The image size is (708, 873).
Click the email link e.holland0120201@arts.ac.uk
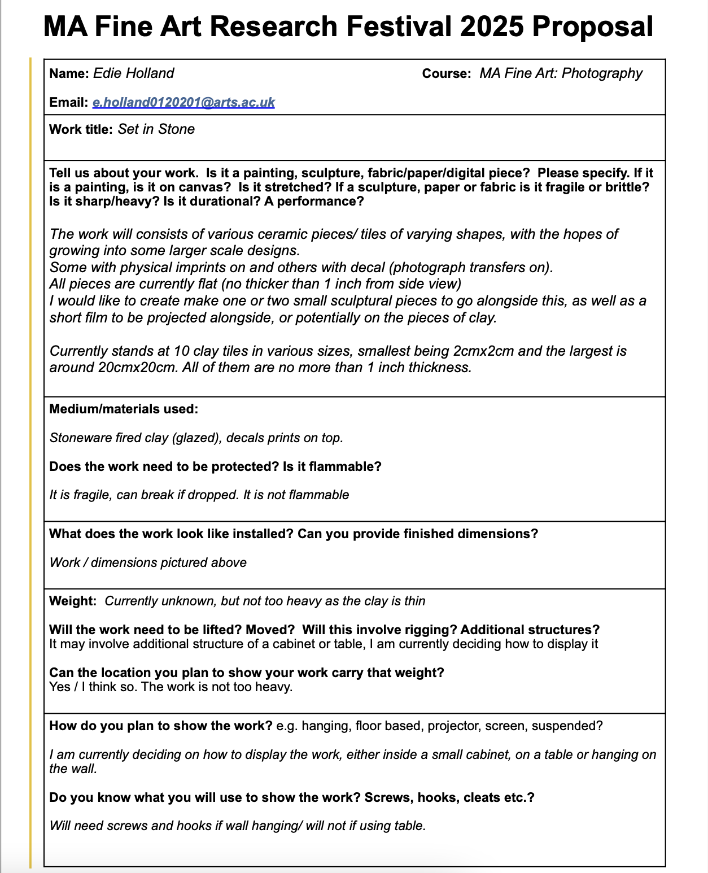tap(183, 102)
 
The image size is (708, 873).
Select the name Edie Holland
tap(133, 73)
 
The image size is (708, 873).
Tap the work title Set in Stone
tap(156, 129)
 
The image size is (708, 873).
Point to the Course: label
tap(446, 73)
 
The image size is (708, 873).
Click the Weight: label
tap(73, 601)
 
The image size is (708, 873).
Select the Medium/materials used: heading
tap(124, 409)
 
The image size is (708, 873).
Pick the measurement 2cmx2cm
tap(483, 351)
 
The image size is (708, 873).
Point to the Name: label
tap(69, 73)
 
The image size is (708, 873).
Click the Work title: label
tap(81, 129)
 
